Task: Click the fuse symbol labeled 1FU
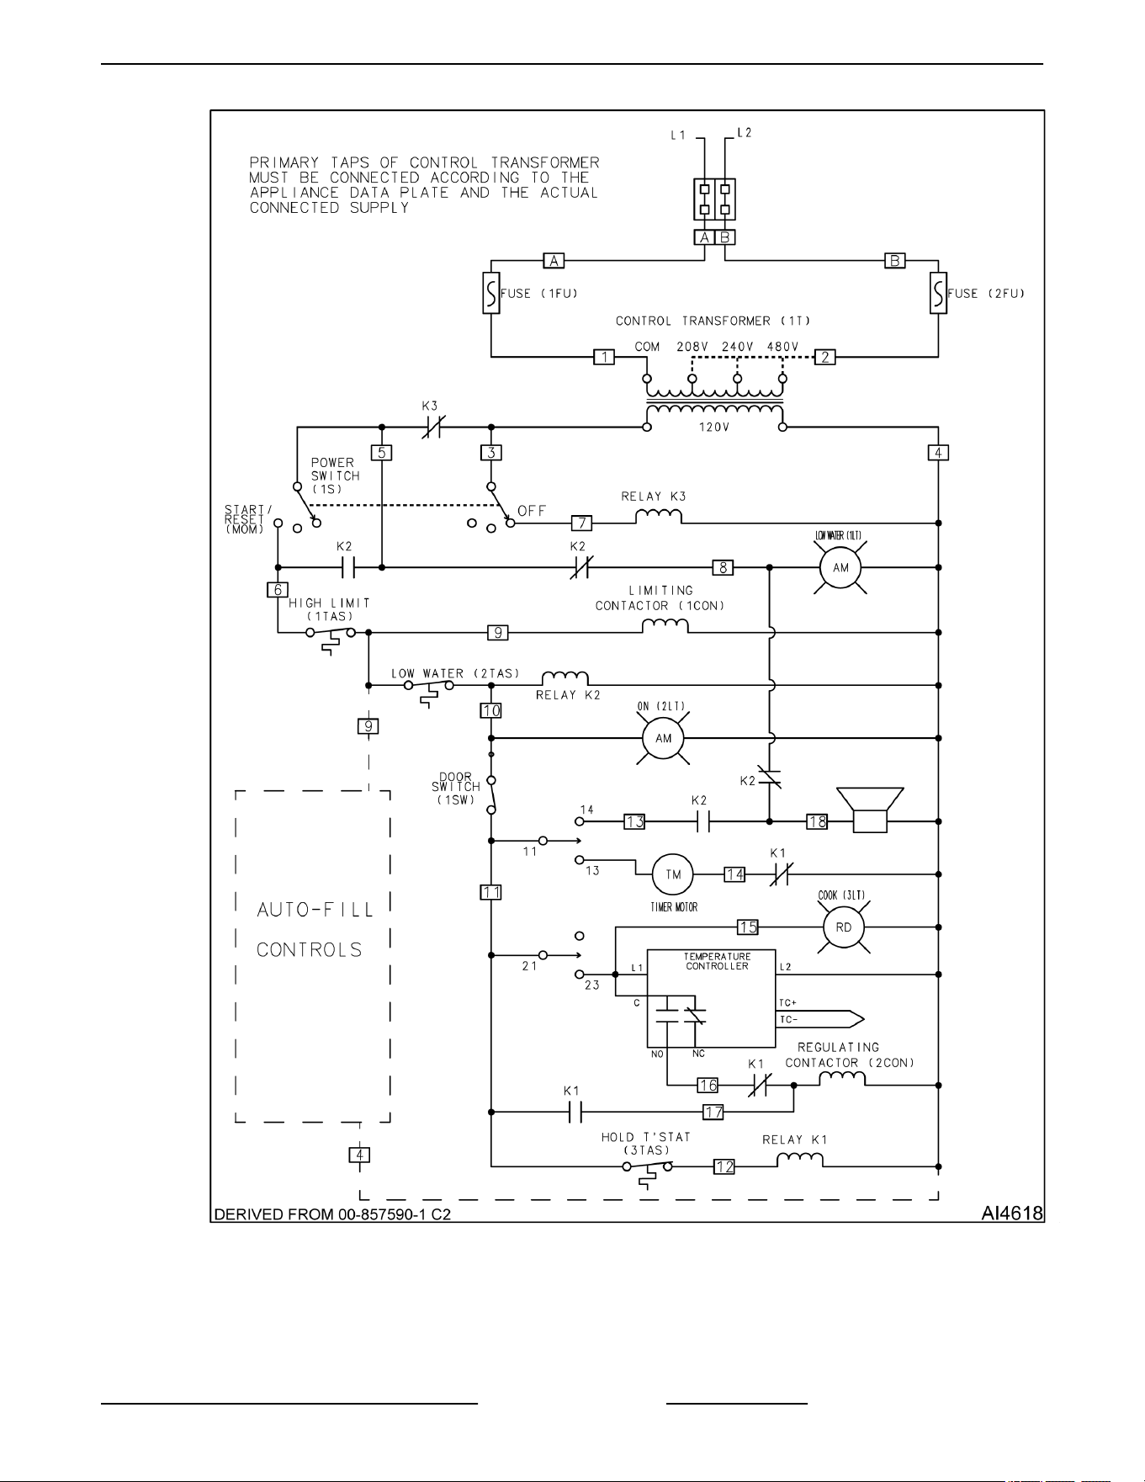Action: (x=491, y=293)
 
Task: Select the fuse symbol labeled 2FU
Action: (x=938, y=293)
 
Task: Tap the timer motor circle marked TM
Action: (x=674, y=874)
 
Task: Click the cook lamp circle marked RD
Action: (x=844, y=927)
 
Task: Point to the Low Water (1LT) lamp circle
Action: (x=841, y=568)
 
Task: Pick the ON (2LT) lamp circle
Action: (x=664, y=738)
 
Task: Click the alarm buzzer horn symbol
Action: (x=870, y=810)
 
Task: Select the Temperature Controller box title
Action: (x=718, y=961)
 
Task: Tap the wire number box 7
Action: (x=581, y=523)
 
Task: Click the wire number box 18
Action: (x=817, y=821)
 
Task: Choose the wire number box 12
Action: (x=724, y=1166)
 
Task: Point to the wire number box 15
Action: (x=748, y=927)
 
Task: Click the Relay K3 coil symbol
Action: (x=658, y=516)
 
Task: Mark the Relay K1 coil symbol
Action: (x=799, y=1160)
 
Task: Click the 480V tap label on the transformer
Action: (x=782, y=347)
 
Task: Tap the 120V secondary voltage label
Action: (x=714, y=427)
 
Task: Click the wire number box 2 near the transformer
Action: (x=825, y=357)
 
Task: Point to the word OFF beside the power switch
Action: (x=532, y=511)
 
